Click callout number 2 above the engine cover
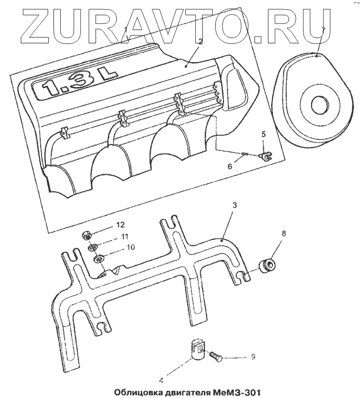coord(201,42)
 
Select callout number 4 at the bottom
coord(161,381)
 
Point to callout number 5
coord(263,134)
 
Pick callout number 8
coord(283,234)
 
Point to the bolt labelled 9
coord(214,355)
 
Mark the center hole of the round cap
coord(317,104)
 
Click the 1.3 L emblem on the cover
coord(76,85)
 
